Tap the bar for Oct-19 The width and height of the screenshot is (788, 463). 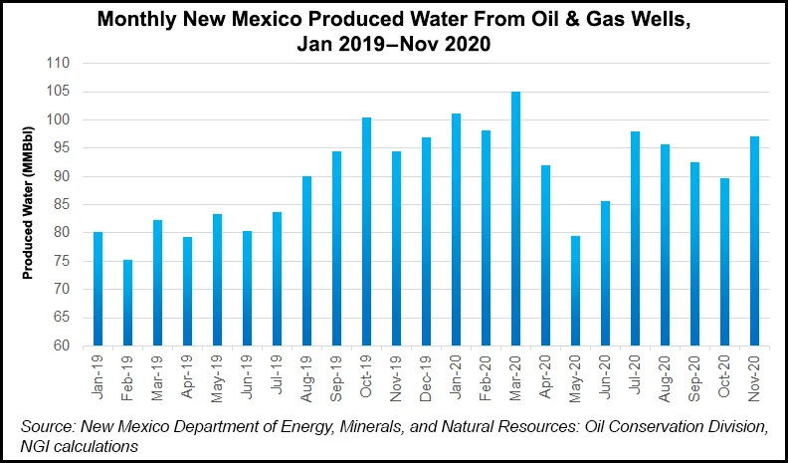(367, 232)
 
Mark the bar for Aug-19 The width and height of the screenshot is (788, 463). (307, 261)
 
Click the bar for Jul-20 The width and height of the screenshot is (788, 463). (636, 239)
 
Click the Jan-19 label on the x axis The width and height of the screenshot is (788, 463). (98, 376)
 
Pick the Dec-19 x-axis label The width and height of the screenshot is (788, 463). (426, 376)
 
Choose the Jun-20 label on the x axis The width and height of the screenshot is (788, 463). (605, 376)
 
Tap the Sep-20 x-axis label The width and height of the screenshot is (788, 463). (694, 376)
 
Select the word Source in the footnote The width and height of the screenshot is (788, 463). (49, 426)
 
